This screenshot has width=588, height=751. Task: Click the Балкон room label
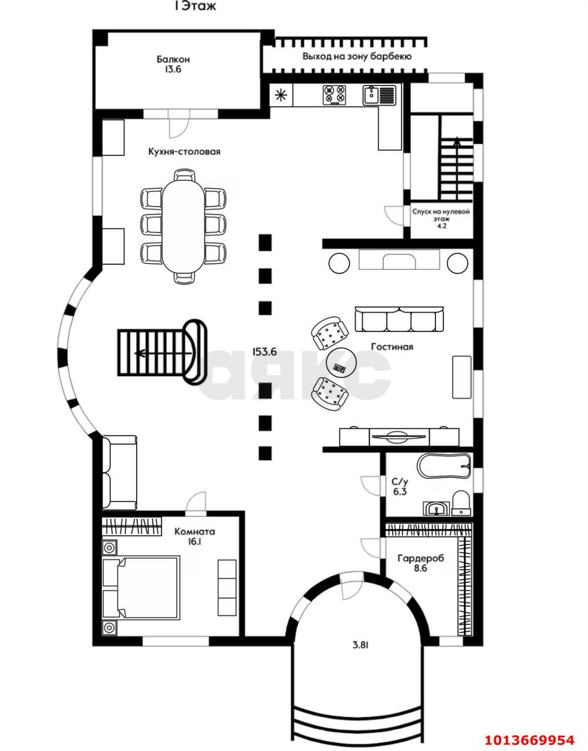coord(173,65)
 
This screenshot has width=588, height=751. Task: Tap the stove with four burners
coord(334,94)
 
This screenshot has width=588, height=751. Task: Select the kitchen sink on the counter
coord(379,94)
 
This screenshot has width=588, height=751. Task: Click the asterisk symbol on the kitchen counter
coord(281,95)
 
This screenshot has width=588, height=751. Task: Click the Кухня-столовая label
coord(184,151)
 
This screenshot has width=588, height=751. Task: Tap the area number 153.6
coord(265,352)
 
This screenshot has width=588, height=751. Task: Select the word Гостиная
coord(392,346)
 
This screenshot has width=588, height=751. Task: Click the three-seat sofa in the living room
coord(399,319)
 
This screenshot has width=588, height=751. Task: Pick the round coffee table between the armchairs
coord(341,363)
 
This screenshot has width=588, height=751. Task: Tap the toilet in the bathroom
coord(461,503)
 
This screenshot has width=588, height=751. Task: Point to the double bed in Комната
coord(141,587)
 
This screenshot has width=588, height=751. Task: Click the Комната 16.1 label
coord(195,536)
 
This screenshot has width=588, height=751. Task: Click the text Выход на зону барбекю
coord(357,56)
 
